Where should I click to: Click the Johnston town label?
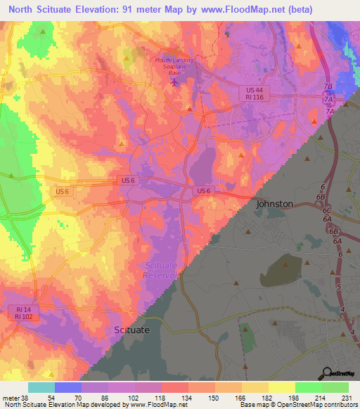tap(275, 203)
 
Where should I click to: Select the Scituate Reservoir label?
tap(164, 270)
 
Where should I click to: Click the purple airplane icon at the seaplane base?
tap(175, 83)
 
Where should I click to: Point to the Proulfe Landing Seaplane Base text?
tap(176, 67)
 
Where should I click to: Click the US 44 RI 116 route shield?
tap(255, 95)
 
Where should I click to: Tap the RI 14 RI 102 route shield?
tap(26, 312)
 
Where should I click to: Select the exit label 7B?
tap(328, 87)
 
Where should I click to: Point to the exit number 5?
tap(340, 287)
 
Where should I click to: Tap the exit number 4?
tap(342, 310)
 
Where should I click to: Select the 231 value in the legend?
tap(348, 398)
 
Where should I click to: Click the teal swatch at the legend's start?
tap(41, 387)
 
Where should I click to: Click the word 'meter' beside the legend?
tap(13, 398)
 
